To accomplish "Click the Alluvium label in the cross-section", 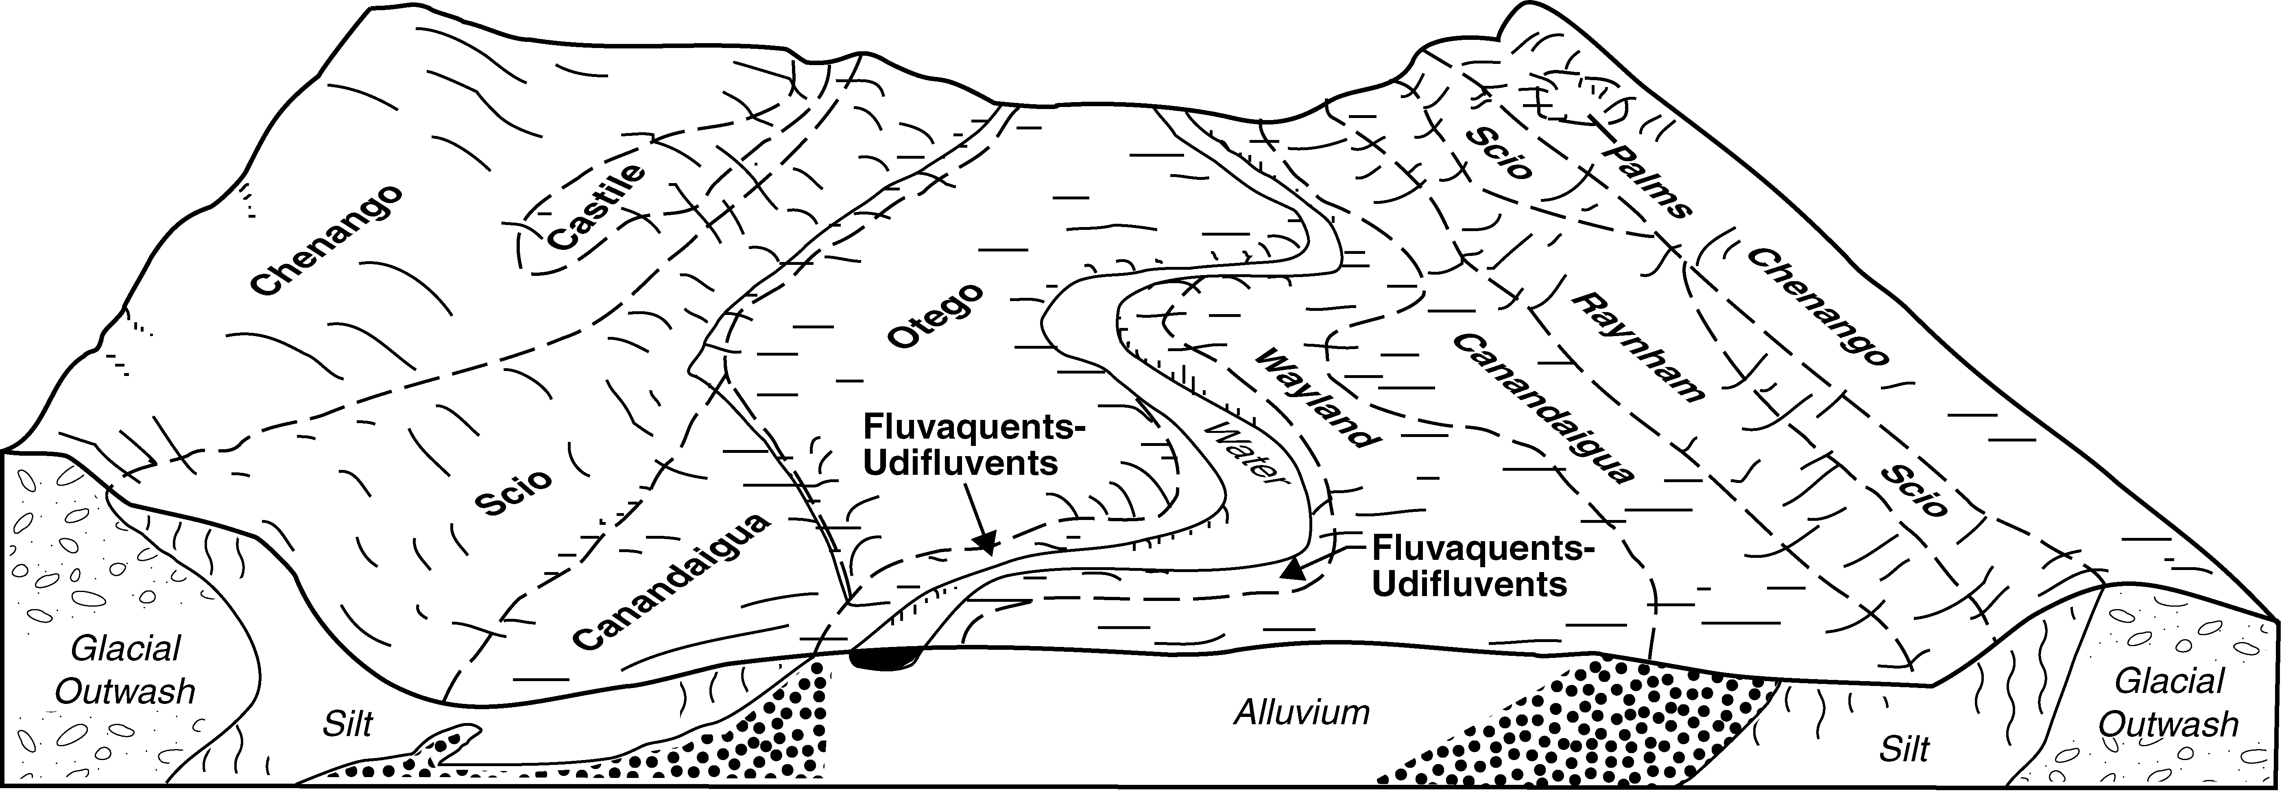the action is click(x=1302, y=712).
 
